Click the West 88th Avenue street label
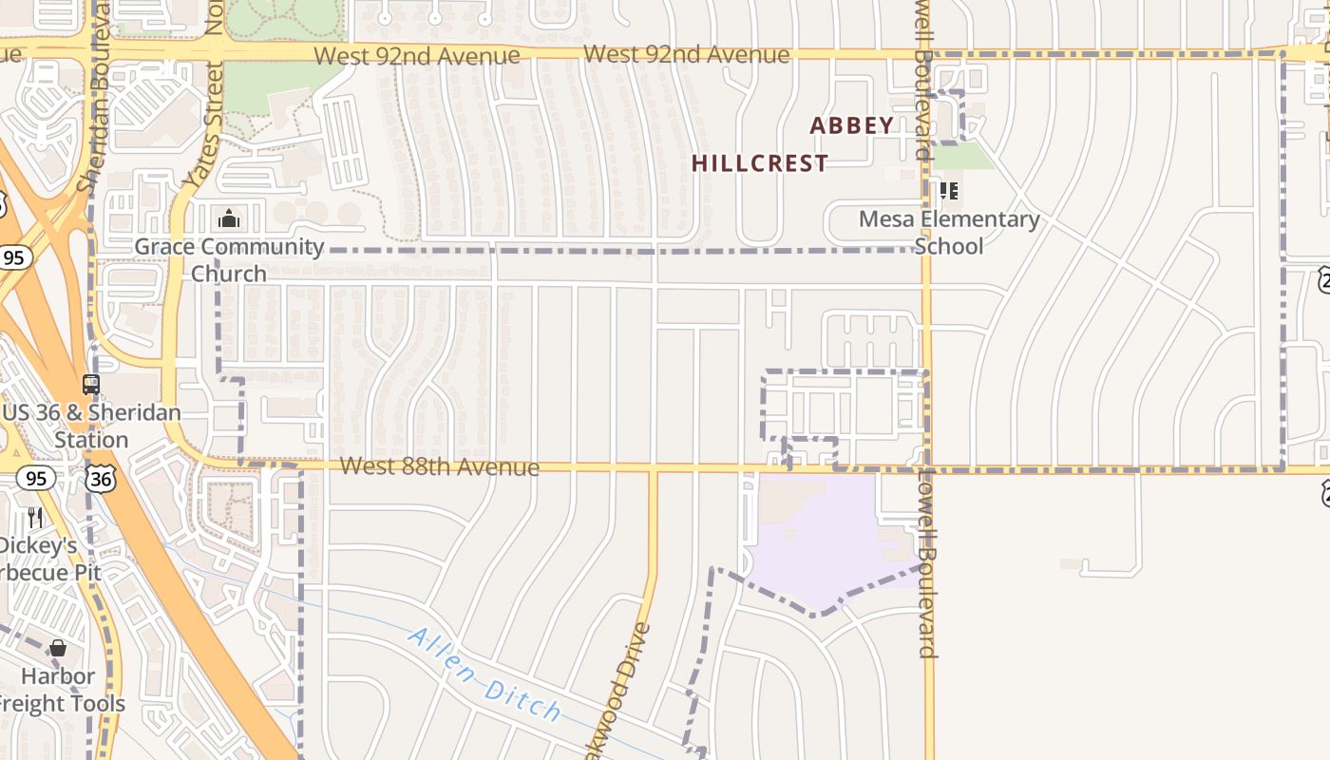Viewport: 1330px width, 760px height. click(439, 466)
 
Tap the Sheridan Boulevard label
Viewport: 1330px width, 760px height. click(95, 95)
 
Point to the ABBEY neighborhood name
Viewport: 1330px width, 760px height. click(852, 125)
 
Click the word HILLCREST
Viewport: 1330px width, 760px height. click(760, 163)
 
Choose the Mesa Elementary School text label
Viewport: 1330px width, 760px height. click(949, 233)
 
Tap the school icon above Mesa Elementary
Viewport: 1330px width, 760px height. click(948, 191)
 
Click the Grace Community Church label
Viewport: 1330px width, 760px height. click(229, 260)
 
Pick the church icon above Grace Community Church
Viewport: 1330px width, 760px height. click(228, 219)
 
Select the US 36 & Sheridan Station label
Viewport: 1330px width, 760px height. click(91, 427)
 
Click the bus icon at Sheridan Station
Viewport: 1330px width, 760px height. click(91, 385)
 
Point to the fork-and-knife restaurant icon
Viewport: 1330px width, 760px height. click(35, 517)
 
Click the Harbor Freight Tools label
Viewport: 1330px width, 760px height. click(60, 690)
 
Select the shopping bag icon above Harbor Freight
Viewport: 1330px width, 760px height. click(58, 648)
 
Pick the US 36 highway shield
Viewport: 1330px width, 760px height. click(100, 478)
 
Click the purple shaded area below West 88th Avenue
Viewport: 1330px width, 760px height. click(826, 541)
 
